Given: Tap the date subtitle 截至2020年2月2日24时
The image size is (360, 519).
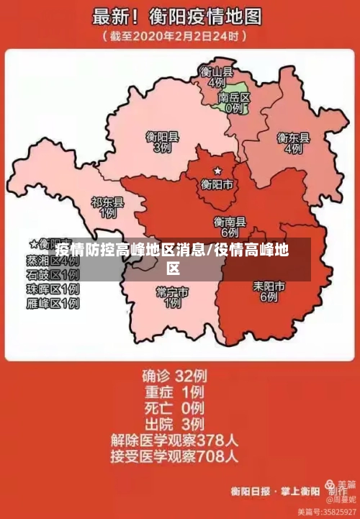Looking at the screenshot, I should click(x=176, y=35).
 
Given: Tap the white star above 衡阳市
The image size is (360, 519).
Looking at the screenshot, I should click(x=217, y=171).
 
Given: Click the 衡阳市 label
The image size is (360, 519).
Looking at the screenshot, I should click(x=217, y=184).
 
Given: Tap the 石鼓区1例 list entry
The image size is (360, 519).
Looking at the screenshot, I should click(x=53, y=275).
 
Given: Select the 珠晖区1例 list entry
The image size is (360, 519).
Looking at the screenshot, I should click(x=53, y=289).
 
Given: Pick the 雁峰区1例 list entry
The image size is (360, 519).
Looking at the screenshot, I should click(x=53, y=304).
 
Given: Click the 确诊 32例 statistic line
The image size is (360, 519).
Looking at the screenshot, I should click(x=174, y=375).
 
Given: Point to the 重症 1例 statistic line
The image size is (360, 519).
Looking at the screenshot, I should click(x=174, y=392).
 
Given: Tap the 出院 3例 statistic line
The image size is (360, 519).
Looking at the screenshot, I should click(x=174, y=423).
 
